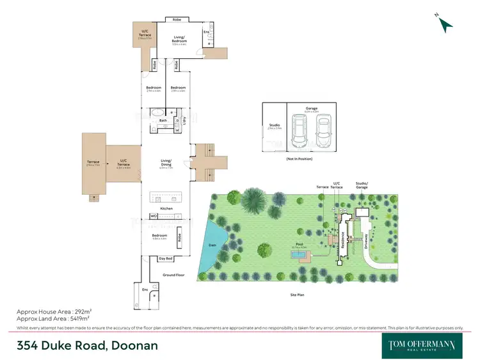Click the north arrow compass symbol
click(x=445, y=24)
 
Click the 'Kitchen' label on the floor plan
click(x=166, y=209)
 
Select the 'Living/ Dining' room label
click(x=166, y=165)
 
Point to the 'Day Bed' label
click(x=165, y=259)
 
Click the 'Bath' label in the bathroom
click(x=163, y=120)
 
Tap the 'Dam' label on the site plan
click(x=213, y=245)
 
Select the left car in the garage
click(x=299, y=130)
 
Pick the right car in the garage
click(x=323, y=130)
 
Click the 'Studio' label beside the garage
click(x=274, y=126)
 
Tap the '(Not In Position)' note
click(x=300, y=158)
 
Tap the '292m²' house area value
click(x=78, y=311)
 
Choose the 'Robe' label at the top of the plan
click(x=177, y=19)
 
